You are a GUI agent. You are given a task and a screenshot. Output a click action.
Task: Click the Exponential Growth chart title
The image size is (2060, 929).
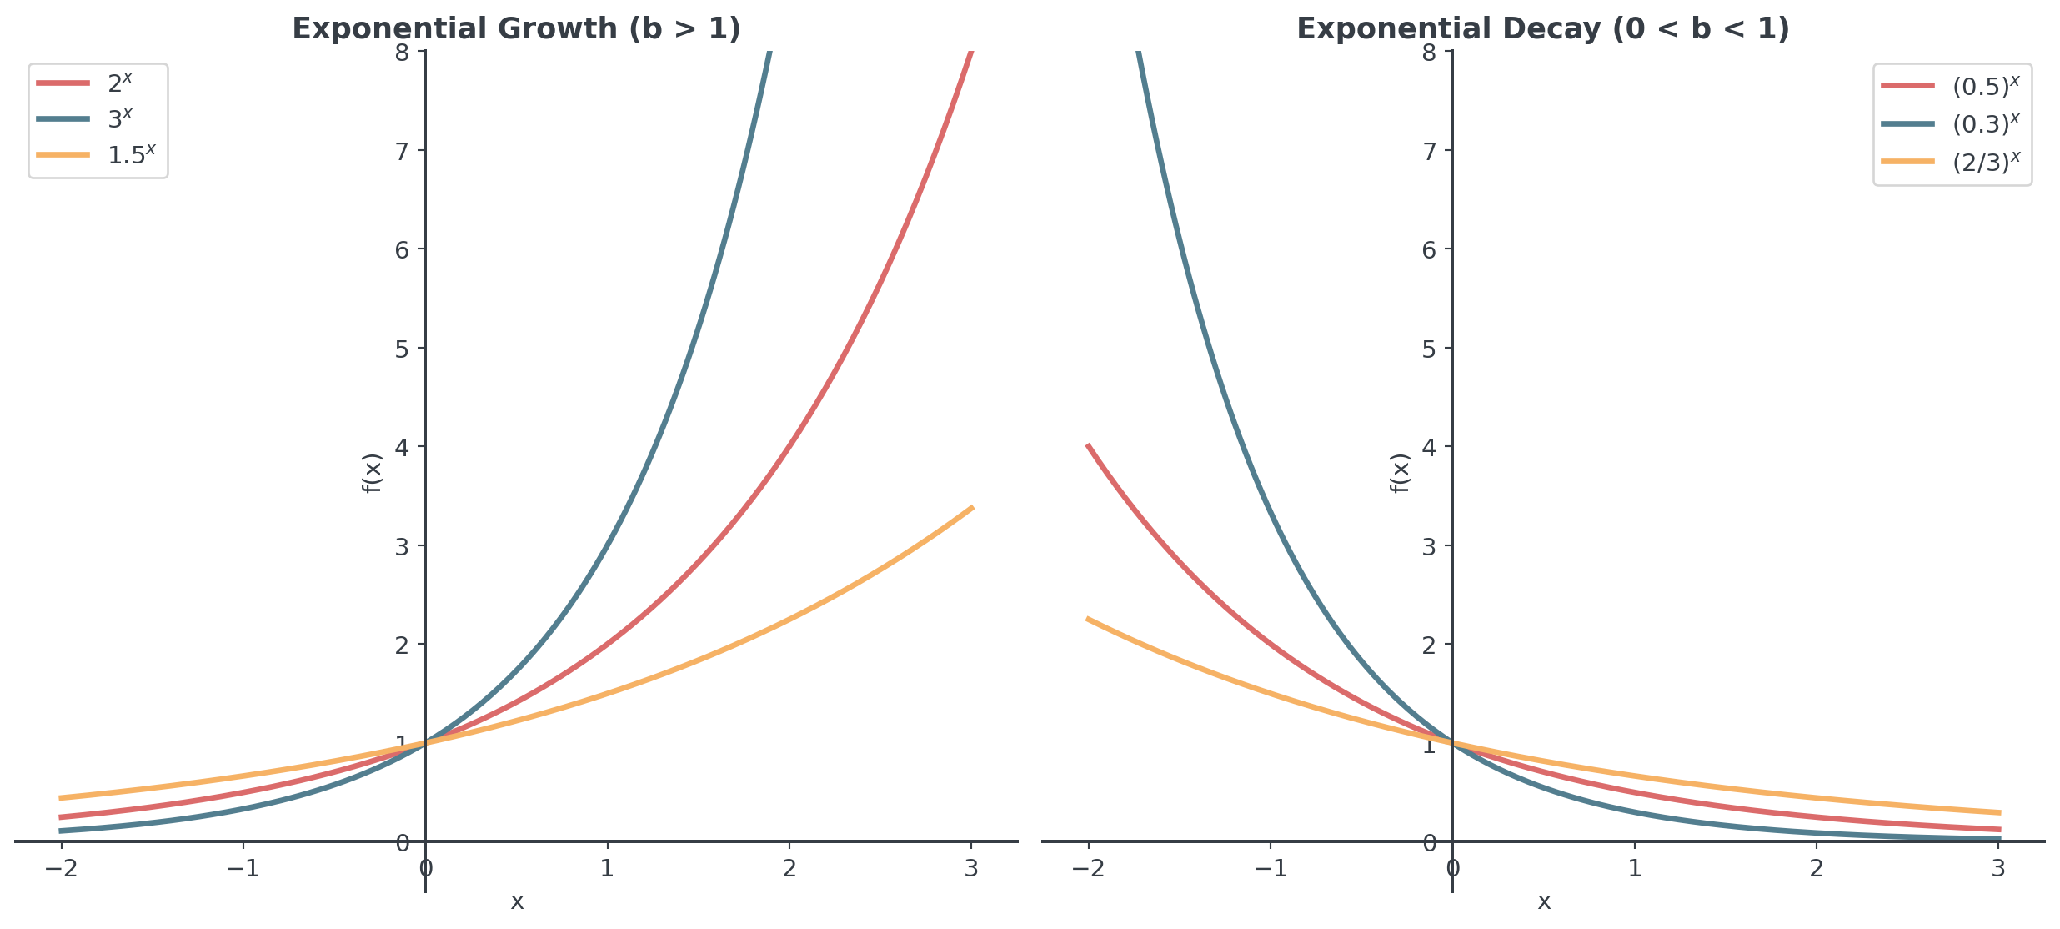[516, 29]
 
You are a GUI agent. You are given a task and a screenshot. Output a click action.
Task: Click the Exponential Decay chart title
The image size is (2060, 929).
[1543, 29]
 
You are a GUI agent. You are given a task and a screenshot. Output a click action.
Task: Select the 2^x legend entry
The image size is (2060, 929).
[120, 83]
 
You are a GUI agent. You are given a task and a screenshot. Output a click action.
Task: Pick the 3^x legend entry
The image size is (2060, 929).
[120, 118]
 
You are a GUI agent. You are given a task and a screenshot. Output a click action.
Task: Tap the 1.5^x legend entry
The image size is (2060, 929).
[131, 154]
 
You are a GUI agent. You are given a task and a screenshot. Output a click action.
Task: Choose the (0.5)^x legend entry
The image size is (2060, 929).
[1986, 86]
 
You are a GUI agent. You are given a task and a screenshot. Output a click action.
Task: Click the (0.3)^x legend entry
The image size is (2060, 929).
[1986, 123]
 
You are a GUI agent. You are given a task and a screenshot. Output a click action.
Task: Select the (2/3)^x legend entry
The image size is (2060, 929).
[1986, 161]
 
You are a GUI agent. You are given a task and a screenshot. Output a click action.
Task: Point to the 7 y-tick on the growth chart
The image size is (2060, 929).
[403, 151]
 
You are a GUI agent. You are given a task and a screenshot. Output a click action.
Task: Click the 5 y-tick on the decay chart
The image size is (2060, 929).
[1430, 348]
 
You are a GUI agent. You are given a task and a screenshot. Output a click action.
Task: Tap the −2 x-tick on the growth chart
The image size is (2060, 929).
[61, 869]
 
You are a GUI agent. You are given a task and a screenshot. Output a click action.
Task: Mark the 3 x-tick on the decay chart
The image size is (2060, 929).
[1998, 869]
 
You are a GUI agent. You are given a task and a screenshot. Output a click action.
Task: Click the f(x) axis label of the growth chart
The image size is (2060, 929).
[372, 473]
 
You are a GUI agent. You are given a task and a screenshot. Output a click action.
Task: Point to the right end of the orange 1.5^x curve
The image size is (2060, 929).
[971, 508]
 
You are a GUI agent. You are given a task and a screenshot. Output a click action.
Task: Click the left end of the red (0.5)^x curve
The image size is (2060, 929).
[1089, 446]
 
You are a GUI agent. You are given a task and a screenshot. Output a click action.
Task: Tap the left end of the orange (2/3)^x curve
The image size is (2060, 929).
[1089, 619]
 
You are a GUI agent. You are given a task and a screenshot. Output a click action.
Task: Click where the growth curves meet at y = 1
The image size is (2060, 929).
[425, 742]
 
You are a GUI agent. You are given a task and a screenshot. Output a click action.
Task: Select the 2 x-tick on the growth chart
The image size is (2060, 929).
[789, 869]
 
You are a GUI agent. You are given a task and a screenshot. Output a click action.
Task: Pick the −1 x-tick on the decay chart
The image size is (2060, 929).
[1270, 869]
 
